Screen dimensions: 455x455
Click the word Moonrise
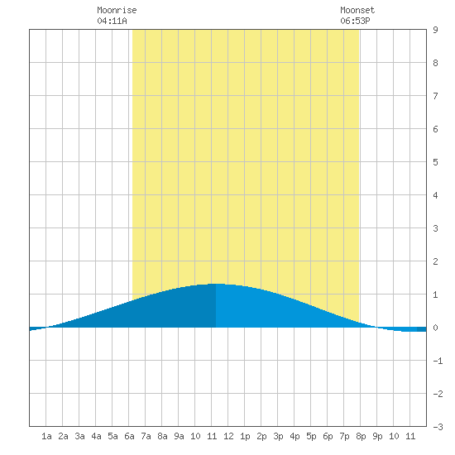117,10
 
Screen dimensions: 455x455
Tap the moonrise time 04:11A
112,21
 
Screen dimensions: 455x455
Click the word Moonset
357,10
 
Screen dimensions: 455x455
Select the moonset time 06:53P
355,21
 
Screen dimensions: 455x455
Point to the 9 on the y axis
435,30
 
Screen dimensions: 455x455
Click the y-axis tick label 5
435,162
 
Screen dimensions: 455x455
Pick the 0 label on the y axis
435,328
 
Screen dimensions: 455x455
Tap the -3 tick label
438,427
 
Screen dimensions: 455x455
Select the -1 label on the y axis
438,361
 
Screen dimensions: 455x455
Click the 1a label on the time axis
46,436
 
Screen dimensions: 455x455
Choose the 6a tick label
129,436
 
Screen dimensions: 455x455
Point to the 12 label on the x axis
228,436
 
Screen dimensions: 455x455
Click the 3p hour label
278,436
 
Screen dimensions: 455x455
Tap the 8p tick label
361,436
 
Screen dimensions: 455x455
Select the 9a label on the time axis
179,436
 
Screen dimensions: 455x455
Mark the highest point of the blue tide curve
216,284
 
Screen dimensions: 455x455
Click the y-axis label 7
435,96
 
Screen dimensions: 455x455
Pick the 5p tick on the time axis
311,436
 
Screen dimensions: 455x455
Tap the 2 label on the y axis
435,261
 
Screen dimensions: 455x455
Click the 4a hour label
96,436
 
